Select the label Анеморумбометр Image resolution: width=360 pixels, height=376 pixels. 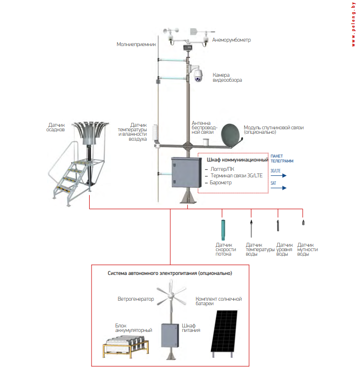[232, 39]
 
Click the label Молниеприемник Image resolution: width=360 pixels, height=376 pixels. [136, 44]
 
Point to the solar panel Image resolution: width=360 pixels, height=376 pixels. [225, 329]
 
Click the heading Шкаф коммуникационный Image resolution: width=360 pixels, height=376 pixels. [236, 161]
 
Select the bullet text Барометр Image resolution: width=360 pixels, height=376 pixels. [221, 183]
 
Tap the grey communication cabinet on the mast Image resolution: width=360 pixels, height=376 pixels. [183, 173]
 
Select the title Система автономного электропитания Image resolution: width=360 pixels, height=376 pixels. [170, 273]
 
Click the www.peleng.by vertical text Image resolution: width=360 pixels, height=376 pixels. [354, 25]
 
